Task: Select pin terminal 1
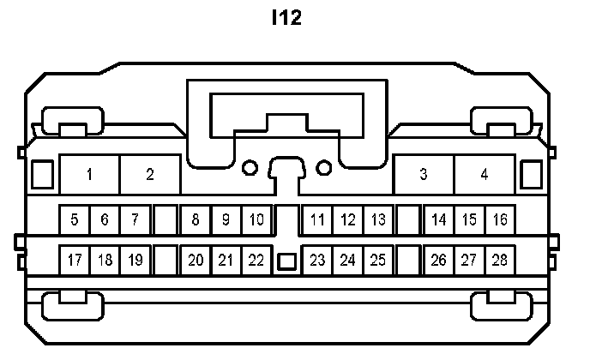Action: (90, 175)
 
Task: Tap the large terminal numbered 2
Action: (150, 175)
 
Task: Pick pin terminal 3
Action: (424, 175)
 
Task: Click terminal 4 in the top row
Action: (485, 175)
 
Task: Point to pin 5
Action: (75, 220)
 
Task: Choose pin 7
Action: (135, 220)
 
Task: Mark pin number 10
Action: (256, 220)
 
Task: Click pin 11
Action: (318, 220)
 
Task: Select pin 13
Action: (378, 220)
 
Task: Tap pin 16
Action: (500, 220)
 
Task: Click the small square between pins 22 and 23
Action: (287, 261)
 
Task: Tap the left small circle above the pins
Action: (250, 167)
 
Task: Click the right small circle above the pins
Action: (324, 167)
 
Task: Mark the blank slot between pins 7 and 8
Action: (166, 220)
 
